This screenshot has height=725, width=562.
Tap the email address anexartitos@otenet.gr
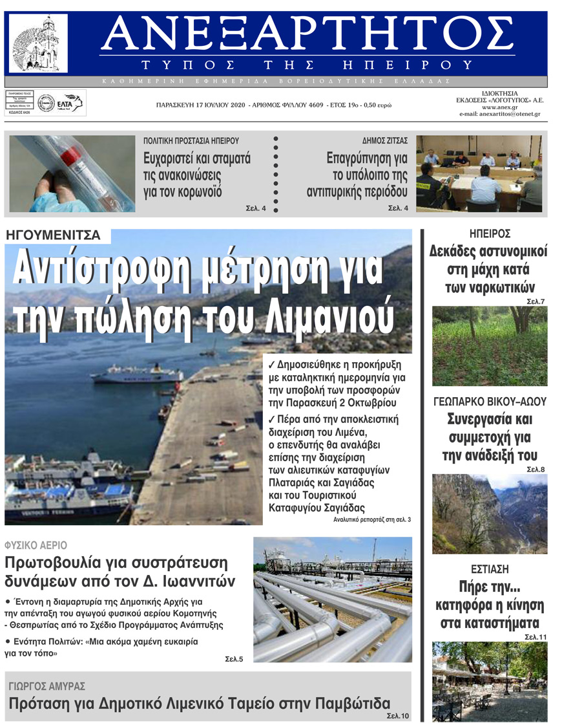pyautogui.click(x=499, y=114)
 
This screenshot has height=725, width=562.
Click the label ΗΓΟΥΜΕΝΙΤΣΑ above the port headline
pyautogui.click(x=53, y=235)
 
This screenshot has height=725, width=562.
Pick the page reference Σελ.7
pyautogui.click(x=536, y=301)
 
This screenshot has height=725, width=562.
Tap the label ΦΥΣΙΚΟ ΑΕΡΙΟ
pyautogui.click(x=36, y=545)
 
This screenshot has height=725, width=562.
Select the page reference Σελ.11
pyautogui.click(x=534, y=637)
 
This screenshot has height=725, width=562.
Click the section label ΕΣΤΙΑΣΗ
pyautogui.click(x=489, y=570)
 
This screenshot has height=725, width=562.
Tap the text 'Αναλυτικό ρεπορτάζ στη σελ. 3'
pyautogui.click(x=372, y=519)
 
